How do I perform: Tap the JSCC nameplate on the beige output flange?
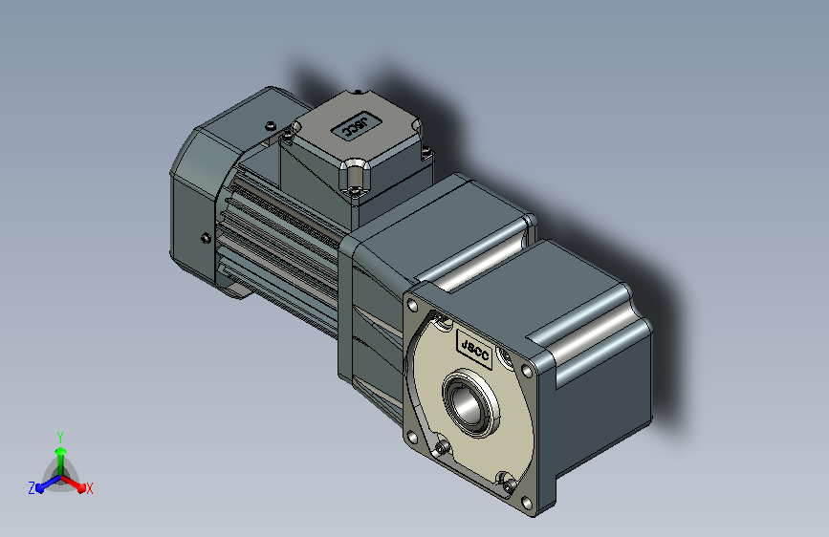click(474, 350)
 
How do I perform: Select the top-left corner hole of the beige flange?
click(413, 306)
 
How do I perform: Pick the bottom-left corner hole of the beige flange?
click(412, 438)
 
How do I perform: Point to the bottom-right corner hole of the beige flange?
click(527, 502)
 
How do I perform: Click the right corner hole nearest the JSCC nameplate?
click(527, 371)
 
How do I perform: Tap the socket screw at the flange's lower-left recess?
click(442, 449)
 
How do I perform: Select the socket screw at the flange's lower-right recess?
click(509, 485)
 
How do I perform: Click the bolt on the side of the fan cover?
click(207, 238)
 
